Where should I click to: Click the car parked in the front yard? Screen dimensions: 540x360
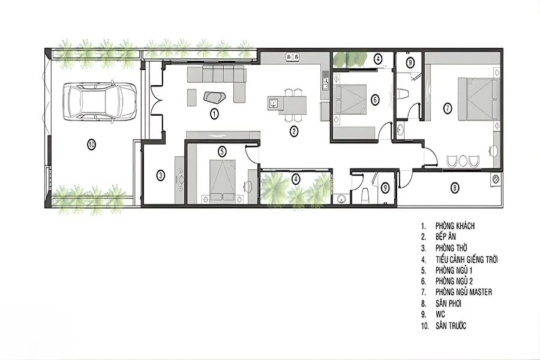(99, 101)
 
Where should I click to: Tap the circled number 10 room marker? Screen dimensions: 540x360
(91, 145)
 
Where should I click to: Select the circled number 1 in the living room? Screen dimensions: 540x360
(214, 113)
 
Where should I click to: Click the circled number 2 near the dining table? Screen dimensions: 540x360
(293, 131)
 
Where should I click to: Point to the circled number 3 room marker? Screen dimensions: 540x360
(160, 176)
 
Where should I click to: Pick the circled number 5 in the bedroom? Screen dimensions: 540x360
(222, 151)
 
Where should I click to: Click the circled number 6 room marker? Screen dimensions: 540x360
(375, 100)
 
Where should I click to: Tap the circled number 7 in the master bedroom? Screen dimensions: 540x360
(448, 109)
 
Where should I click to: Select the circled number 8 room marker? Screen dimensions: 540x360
(455, 188)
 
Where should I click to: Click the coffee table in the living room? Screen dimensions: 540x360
(215, 97)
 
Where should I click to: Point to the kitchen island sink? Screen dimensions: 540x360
(274, 103)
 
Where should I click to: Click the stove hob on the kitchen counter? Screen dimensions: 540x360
(293, 57)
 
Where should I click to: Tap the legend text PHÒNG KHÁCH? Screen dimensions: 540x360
(455, 226)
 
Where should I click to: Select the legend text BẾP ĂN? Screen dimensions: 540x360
(446, 236)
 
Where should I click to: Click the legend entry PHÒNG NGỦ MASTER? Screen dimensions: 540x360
(464, 292)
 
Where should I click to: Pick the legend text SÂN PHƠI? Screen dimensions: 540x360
(448, 304)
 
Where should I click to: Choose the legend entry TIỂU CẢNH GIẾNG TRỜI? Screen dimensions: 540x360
(467, 259)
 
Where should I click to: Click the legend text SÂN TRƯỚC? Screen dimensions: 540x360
(451, 326)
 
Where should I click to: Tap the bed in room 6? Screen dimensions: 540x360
(350, 99)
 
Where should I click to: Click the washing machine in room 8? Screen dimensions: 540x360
(495, 179)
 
